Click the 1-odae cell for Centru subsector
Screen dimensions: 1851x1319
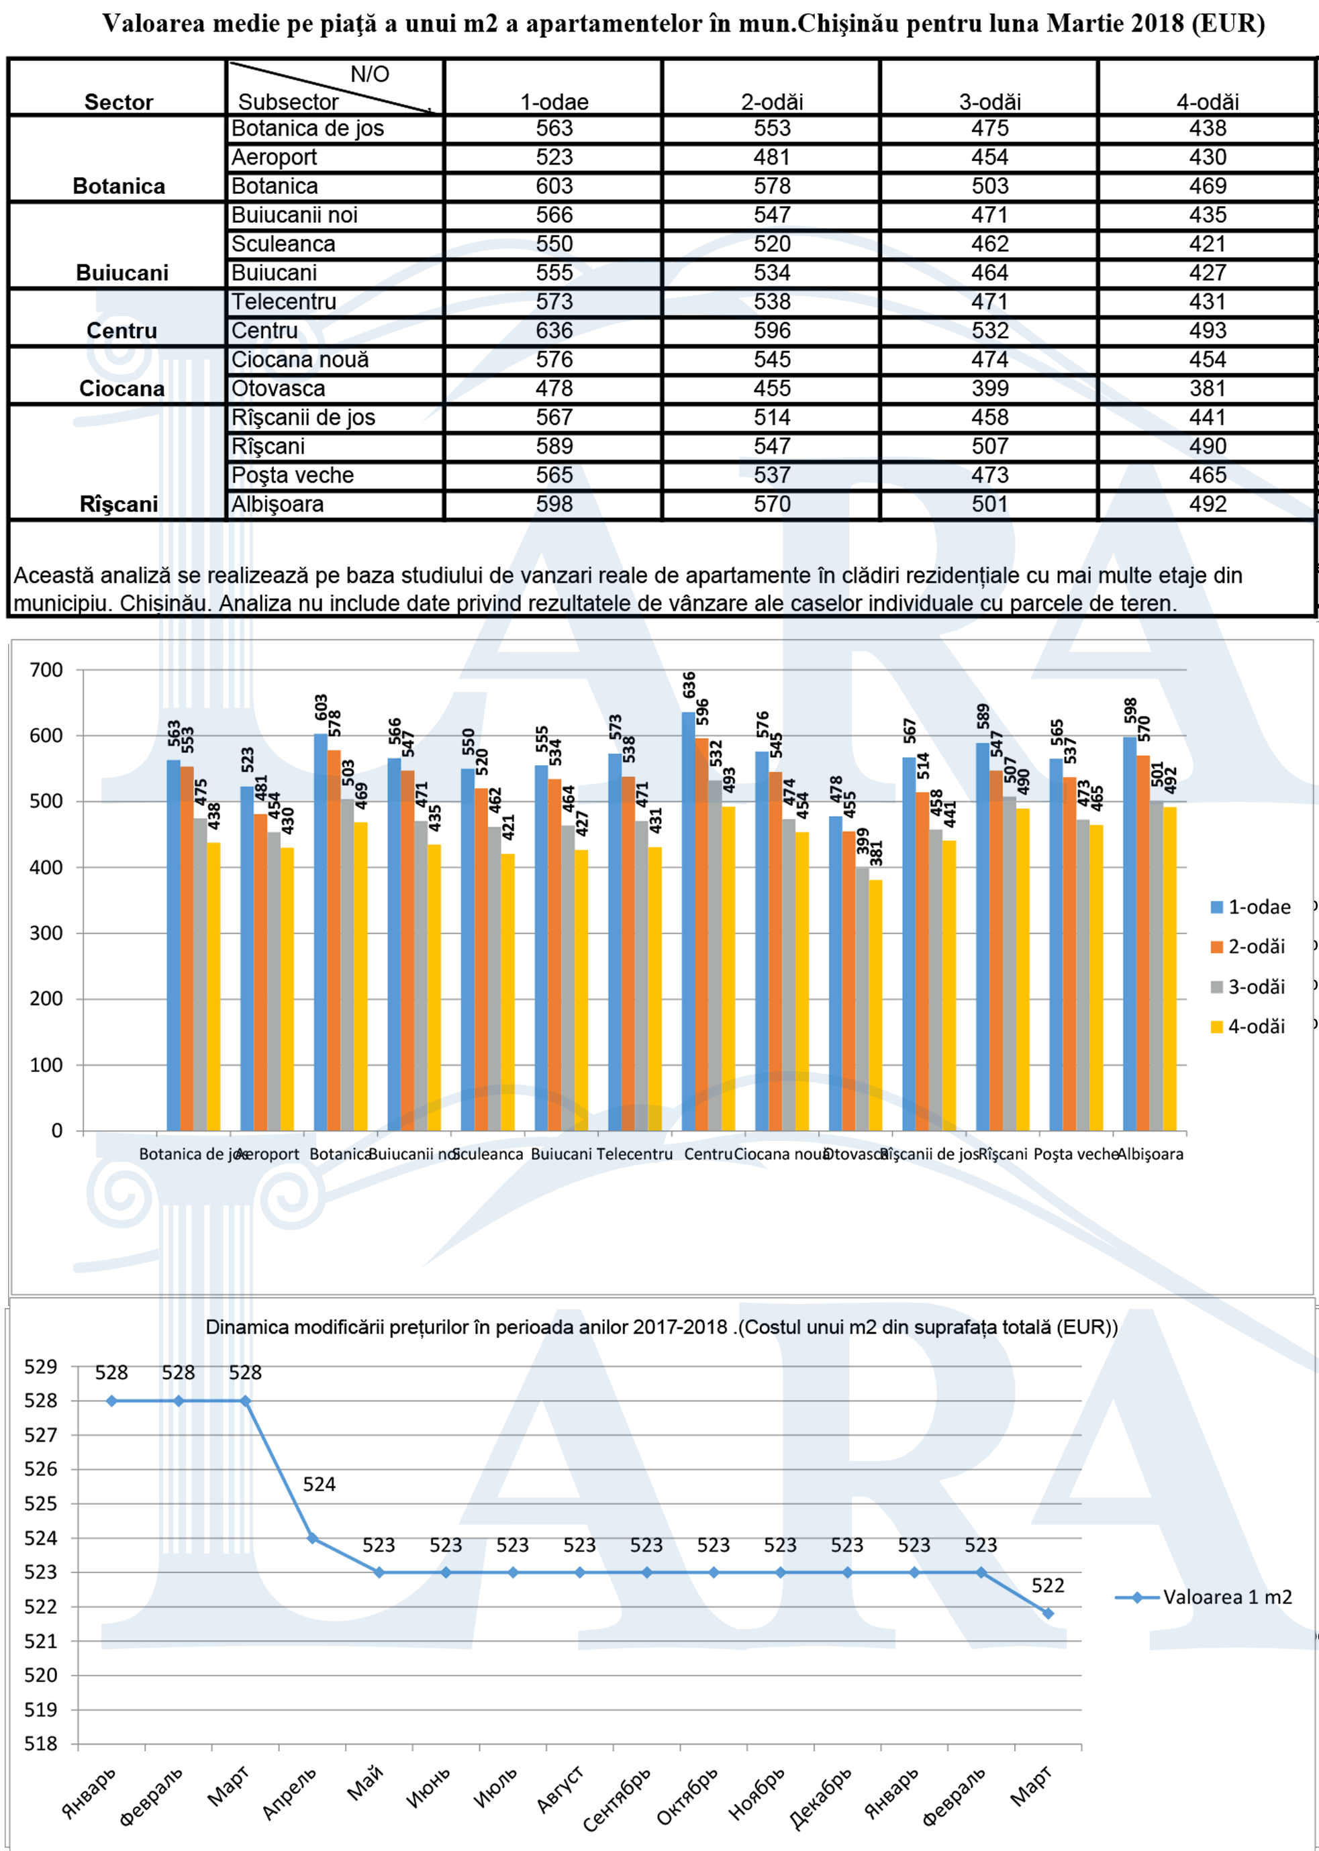point(554,330)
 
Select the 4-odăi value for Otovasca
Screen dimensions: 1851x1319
point(1207,388)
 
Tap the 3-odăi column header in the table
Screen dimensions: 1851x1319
point(989,101)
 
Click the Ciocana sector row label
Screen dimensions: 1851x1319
point(121,388)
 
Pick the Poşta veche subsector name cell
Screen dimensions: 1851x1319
point(293,475)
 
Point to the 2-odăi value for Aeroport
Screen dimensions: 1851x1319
point(771,156)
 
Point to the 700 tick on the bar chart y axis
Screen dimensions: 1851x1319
point(46,670)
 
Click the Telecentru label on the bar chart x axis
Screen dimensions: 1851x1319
point(634,1154)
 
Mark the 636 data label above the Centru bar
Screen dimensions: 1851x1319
point(689,685)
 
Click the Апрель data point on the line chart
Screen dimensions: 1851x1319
point(312,1538)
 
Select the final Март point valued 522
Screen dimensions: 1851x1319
point(1048,1614)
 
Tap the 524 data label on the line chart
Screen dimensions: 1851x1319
point(320,1485)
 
